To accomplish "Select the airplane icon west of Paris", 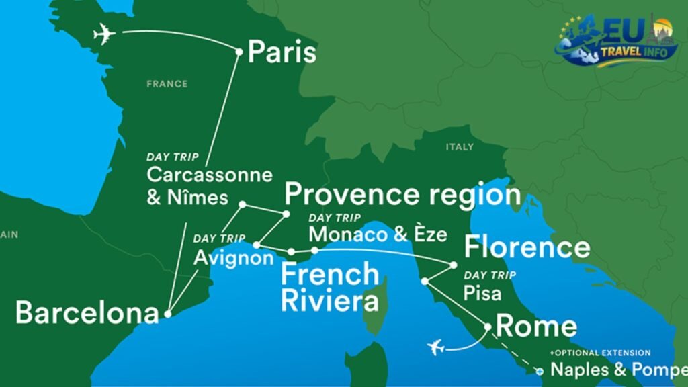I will [105, 34].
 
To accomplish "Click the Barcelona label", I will [87, 313].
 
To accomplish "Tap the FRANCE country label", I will [167, 84].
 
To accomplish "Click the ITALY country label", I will [460, 146].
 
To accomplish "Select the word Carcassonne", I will [210, 176].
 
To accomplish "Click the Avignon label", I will [233, 258].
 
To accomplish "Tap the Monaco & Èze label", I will [378, 234].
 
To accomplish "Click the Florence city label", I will [527, 247].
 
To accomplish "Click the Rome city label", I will [536, 327].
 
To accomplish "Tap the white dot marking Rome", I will [488, 327].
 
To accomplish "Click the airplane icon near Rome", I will [437, 347].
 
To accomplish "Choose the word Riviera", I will [320, 301].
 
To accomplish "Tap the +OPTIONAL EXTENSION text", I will [600, 353].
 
